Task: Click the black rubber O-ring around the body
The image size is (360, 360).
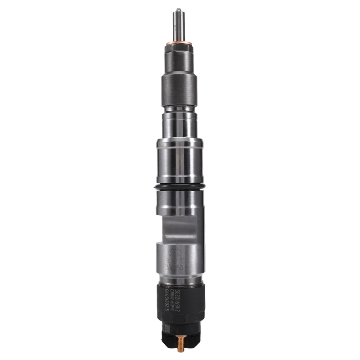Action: pos(180,187)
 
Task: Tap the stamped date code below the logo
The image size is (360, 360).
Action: pos(177,263)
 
